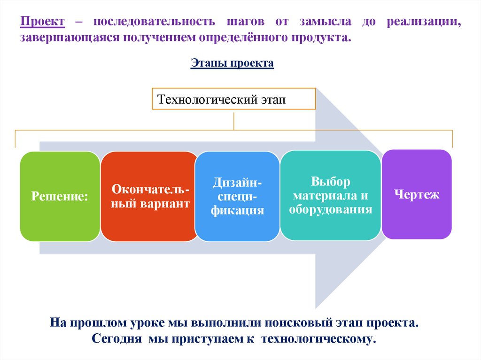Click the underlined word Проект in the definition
click(x=42, y=22)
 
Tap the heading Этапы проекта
click(x=232, y=63)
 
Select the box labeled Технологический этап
click(x=233, y=99)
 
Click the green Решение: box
click(x=60, y=196)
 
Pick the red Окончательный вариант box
click(x=150, y=196)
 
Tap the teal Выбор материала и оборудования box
click(x=331, y=195)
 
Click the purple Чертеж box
click(x=417, y=194)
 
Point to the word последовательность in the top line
click(x=154, y=22)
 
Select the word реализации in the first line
click(x=424, y=22)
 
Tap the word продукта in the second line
click(x=322, y=37)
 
